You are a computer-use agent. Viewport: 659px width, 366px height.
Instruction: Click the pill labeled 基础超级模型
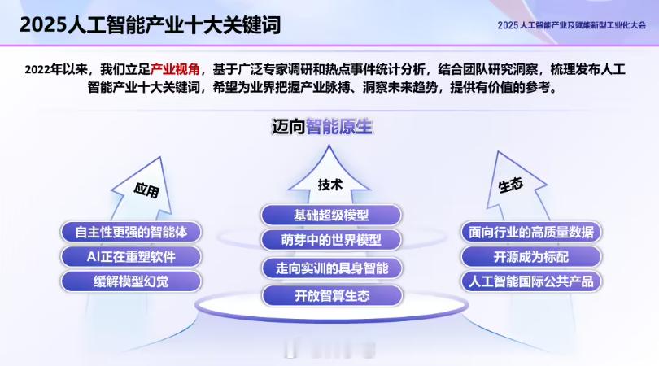pyautogui.click(x=331, y=216)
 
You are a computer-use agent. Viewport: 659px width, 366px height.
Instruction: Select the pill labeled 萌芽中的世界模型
pyautogui.click(x=331, y=240)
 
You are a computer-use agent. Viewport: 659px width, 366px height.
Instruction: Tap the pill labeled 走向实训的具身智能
pyautogui.click(x=332, y=268)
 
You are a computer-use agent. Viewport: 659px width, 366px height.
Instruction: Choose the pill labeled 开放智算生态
pyautogui.click(x=332, y=296)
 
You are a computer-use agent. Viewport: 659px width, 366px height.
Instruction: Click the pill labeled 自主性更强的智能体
pyautogui.click(x=131, y=232)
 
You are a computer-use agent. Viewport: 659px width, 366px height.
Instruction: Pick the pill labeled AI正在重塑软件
pyautogui.click(x=131, y=257)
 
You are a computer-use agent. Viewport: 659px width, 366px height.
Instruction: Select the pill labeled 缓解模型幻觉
pyautogui.click(x=131, y=281)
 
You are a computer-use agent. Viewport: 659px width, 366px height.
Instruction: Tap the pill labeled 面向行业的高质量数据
pyautogui.click(x=531, y=232)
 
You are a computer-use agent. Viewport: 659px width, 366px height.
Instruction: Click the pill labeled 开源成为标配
pyautogui.click(x=531, y=257)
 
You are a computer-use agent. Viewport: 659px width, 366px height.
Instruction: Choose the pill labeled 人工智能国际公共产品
pyautogui.click(x=531, y=281)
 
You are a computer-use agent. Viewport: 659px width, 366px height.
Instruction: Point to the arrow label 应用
pyautogui.click(x=146, y=190)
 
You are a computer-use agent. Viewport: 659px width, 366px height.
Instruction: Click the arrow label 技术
pyautogui.click(x=330, y=185)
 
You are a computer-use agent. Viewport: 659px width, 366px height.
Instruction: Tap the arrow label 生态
pyautogui.click(x=511, y=185)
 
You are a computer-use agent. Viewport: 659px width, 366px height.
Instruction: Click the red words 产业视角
pyautogui.click(x=175, y=69)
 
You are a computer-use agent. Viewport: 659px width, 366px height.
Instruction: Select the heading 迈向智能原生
pyautogui.click(x=322, y=127)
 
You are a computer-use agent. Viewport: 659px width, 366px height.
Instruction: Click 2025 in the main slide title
pyautogui.click(x=43, y=24)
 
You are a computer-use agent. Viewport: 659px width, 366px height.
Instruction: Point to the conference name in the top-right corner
pyautogui.click(x=572, y=25)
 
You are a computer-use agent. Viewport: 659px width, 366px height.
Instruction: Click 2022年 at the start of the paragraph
pyautogui.click(x=43, y=69)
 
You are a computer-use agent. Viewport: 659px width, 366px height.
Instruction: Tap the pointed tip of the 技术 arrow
pyautogui.click(x=329, y=146)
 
